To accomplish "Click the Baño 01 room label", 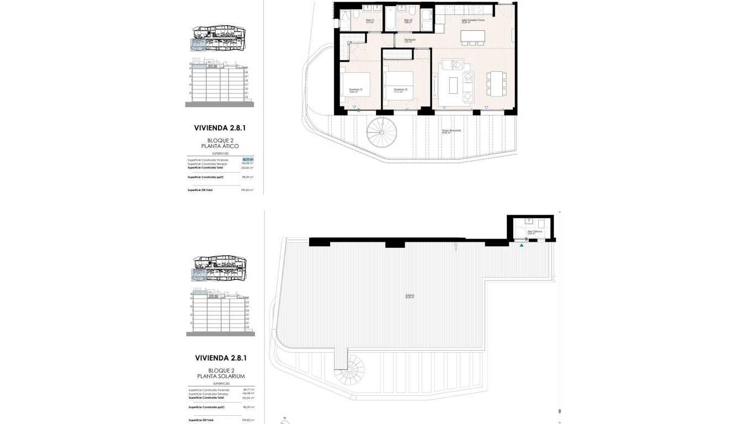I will point(370,20).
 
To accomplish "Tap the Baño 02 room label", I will point(408,20).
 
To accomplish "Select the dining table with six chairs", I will point(496,83).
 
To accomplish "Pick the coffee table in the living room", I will point(454,85).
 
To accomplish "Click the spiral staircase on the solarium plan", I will point(350,370).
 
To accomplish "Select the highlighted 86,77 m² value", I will point(248,160).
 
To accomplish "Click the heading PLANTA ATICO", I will point(220,146).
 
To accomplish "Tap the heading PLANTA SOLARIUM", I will point(220,376).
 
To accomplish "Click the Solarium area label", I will point(410,296).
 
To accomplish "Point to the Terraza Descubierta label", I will point(452,131).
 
